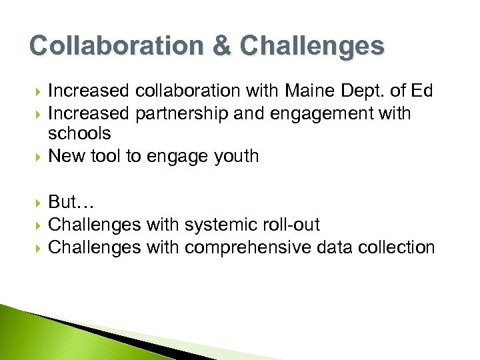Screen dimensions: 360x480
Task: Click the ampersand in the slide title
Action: (x=223, y=46)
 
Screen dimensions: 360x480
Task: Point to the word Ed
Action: (x=422, y=91)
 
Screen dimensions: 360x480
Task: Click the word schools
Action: (x=80, y=133)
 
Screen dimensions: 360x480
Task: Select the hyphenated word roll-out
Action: (x=293, y=225)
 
